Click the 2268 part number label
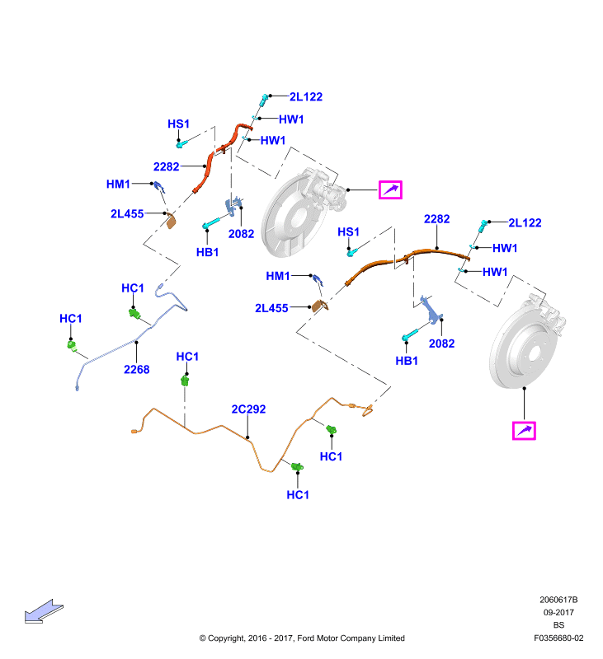136,369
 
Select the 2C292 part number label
248,409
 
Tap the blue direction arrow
44,611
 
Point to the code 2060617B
558,600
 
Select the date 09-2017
558,612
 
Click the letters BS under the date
558,625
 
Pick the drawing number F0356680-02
558,638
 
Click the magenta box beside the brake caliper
390,190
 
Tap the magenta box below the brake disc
524,431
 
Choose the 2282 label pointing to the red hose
166,166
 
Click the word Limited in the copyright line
391,638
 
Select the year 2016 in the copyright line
257,638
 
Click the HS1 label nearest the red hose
178,124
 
